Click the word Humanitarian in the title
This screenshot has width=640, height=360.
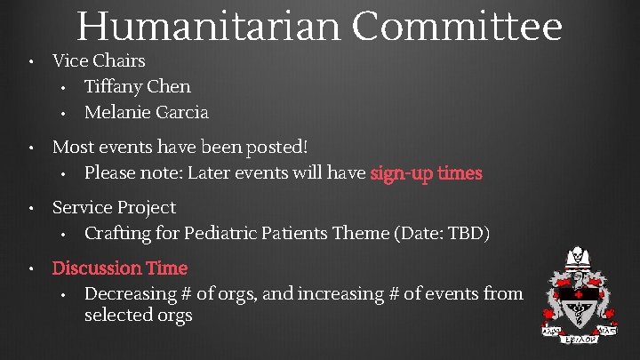208,26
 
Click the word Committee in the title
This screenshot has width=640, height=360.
457,26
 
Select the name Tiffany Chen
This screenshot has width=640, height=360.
137,86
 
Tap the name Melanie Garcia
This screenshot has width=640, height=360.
146,112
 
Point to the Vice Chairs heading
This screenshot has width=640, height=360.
99,61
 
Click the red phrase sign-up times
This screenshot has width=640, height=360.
426,172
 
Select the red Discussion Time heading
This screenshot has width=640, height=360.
120,268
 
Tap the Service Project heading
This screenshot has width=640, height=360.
114,207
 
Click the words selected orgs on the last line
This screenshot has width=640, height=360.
138,316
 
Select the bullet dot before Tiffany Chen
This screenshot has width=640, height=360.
65,87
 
